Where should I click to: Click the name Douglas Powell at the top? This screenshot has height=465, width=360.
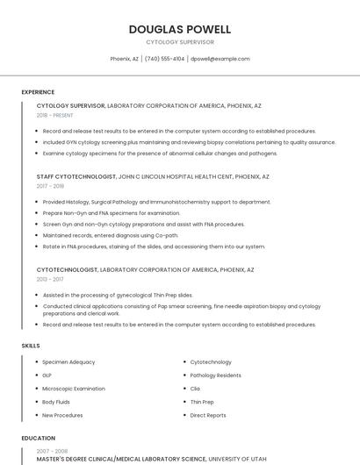[179, 29]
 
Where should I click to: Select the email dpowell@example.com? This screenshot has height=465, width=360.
[220, 59]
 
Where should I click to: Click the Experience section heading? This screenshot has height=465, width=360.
[38, 91]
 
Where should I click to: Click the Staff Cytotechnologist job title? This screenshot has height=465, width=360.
[76, 176]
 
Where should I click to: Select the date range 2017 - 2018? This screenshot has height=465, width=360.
[50, 186]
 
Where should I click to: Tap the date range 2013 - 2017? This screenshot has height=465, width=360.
[50, 279]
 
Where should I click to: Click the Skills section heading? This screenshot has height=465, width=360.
[30, 346]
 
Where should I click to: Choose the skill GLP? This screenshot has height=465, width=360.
[47, 375]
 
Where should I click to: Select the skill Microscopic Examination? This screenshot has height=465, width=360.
[74, 389]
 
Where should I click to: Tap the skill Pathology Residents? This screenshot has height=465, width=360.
[216, 375]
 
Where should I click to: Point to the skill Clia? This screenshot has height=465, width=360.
[195, 389]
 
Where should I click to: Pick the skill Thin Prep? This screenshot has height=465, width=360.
[202, 402]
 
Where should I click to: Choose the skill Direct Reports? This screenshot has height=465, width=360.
[208, 415]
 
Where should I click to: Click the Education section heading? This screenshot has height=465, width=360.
[38, 437]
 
